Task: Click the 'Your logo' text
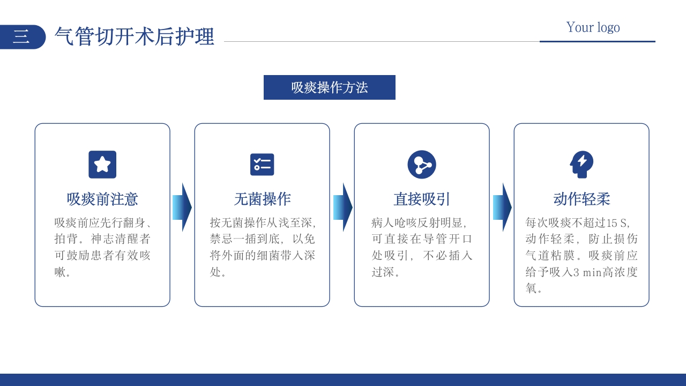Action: pyautogui.click(x=593, y=27)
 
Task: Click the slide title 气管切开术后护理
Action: pyautogui.click(x=135, y=37)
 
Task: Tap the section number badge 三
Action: pyautogui.click(x=21, y=37)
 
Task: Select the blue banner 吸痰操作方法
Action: pyautogui.click(x=329, y=87)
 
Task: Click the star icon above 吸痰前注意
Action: pyautogui.click(x=102, y=165)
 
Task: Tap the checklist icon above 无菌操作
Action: pyautogui.click(x=262, y=165)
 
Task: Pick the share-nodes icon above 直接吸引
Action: pyautogui.click(x=422, y=165)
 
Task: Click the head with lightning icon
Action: pyautogui.click(x=581, y=165)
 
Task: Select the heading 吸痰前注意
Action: pyautogui.click(x=102, y=199)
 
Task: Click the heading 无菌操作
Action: pyautogui.click(x=262, y=199)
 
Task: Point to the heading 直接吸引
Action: pyautogui.click(x=422, y=199)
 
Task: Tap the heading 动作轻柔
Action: pyautogui.click(x=581, y=199)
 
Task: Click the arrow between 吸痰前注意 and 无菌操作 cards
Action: pyautogui.click(x=182, y=207)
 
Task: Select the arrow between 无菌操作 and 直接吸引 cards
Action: pyautogui.click(x=342, y=207)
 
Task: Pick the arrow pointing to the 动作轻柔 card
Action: pyautogui.click(x=502, y=207)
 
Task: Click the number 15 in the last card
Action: pyautogui.click(x=612, y=223)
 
